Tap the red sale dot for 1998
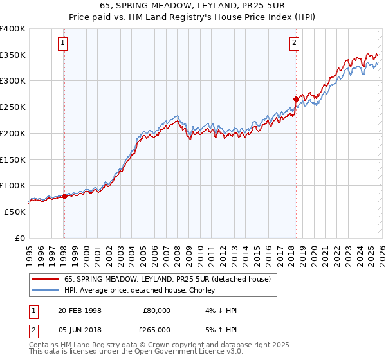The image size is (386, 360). click(64, 197)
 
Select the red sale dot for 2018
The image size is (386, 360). click(296, 99)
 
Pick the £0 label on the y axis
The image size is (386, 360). click(20, 238)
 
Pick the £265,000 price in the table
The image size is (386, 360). click(156, 329)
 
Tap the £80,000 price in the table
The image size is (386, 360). click(156, 310)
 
